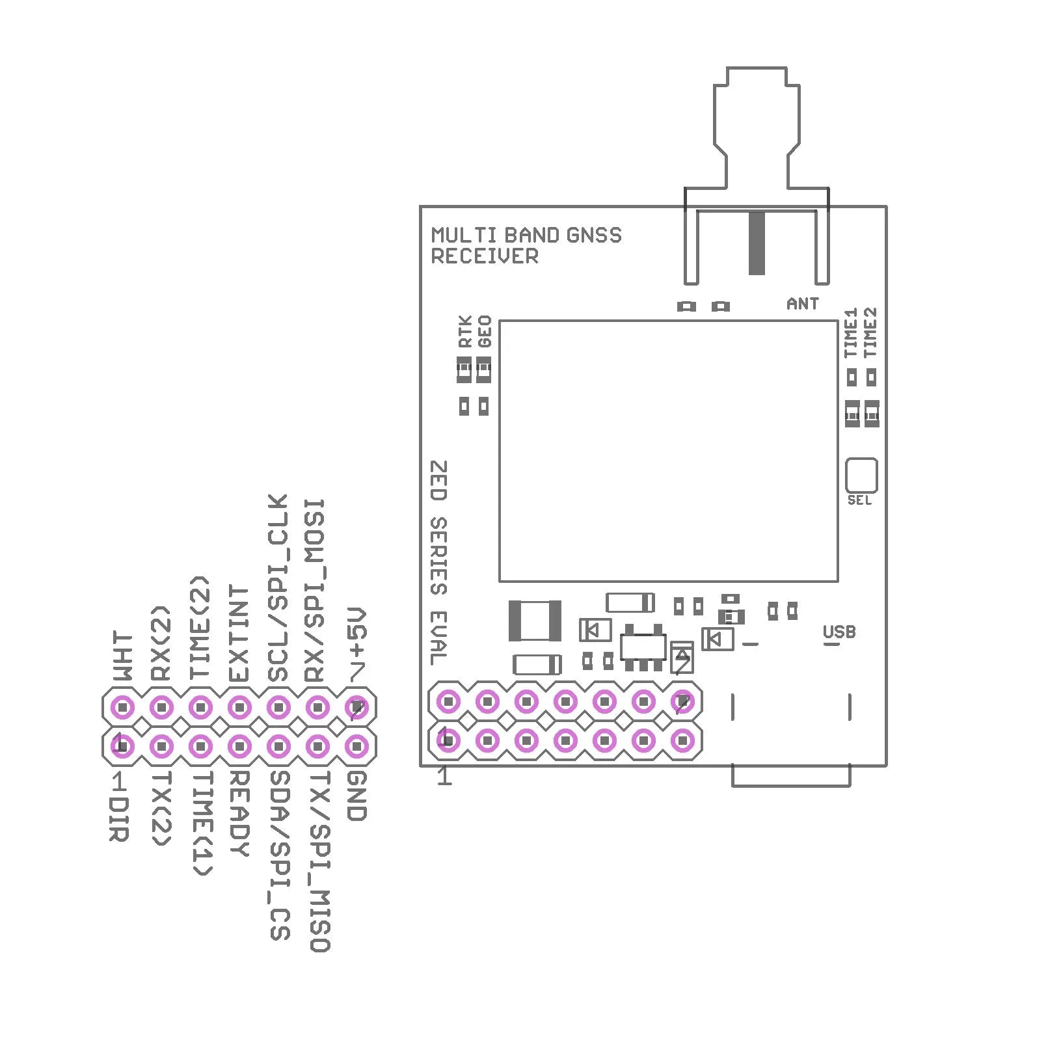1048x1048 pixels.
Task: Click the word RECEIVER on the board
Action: pyautogui.click(x=485, y=256)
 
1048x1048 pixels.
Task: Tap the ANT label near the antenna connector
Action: pyautogui.click(x=802, y=304)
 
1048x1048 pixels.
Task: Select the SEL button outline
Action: pyautogui.click(x=861, y=476)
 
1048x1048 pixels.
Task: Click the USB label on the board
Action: pyautogui.click(x=839, y=632)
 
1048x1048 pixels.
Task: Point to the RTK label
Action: pyautogui.click(x=464, y=331)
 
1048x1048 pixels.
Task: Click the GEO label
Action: pyautogui.click(x=485, y=331)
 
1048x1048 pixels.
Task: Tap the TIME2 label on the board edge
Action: pyautogui.click(x=870, y=332)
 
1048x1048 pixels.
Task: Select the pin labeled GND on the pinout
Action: pyautogui.click(x=356, y=746)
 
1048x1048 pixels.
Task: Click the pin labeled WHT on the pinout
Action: pyautogui.click(x=122, y=706)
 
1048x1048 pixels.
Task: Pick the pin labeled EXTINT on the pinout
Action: pyautogui.click(x=239, y=706)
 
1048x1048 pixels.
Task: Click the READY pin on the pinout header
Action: pyautogui.click(x=239, y=746)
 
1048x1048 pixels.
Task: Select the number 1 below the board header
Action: pyautogui.click(x=444, y=776)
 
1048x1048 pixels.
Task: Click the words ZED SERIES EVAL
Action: pyautogui.click(x=439, y=563)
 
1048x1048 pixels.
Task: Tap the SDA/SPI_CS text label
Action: pyautogui.click(x=279, y=855)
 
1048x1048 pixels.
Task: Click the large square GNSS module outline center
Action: pyautogui.click(x=668, y=451)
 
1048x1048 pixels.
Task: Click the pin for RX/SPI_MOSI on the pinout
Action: pyautogui.click(x=317, y=706)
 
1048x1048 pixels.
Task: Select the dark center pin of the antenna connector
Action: pyautogui.click(x=757, y=243)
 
